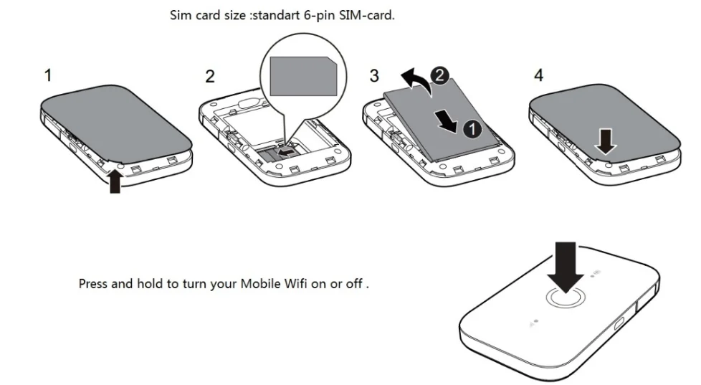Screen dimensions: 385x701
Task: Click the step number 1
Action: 48,75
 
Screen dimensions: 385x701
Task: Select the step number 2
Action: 209,77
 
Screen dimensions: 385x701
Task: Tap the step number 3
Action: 373,75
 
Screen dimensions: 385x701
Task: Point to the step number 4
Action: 539,75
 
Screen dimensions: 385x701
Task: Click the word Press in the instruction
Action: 94,283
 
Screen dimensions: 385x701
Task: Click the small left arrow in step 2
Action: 286,151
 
